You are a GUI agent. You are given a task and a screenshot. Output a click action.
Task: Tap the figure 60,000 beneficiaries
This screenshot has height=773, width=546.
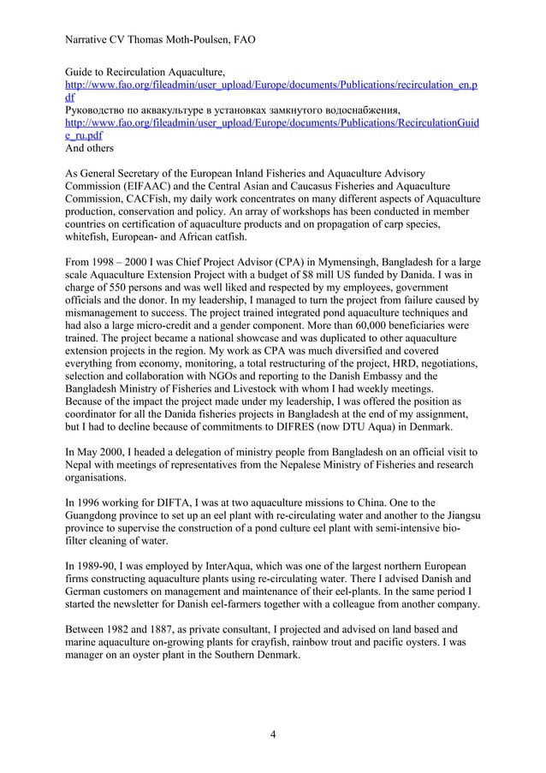click(361, 325)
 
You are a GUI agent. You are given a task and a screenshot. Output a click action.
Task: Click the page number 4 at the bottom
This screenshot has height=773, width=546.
click(272, 734)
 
